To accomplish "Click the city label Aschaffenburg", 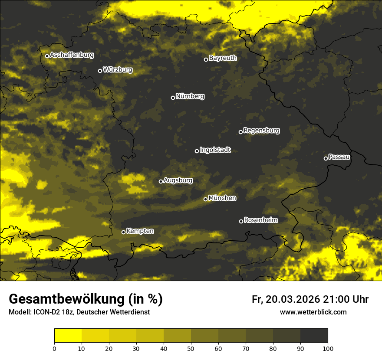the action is click(x=72, y=55).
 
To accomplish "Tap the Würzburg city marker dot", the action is click(x=100, y=71).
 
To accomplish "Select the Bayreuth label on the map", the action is click(x=223, y=58).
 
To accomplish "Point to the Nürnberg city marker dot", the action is click(x=173, y=98).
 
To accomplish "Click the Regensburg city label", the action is click(x=261, y=130).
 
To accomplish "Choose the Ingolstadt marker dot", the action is click(x=197, y=151).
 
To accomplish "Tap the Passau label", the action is click(x=339, y=157).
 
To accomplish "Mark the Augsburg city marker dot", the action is click(x=161, y=181).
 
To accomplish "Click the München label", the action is click(x=222, y=198).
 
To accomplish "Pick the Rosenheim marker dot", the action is click(x=241, y=221).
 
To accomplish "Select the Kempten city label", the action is click(x=140, y=231).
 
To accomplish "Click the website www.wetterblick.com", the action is click(x=313, y=312).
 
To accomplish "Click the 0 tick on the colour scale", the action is click(x=54, y=348).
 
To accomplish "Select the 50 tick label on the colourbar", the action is click(x=191, y=348).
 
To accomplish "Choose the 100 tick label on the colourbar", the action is click(x=328, y=348).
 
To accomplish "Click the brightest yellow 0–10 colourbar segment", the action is click(x=68, y=336).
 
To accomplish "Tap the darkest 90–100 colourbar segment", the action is click(x=314, y=336).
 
